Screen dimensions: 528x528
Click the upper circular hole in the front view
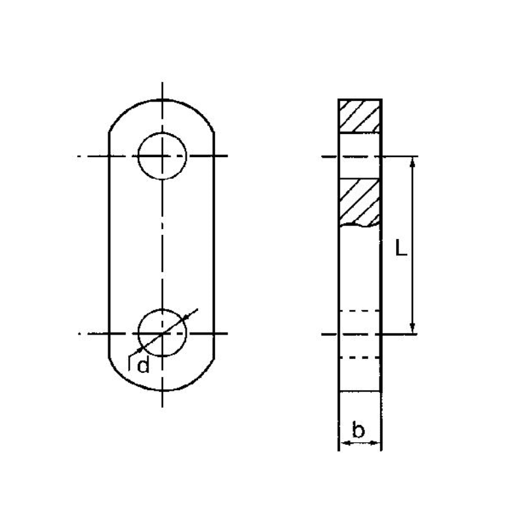(162, 156)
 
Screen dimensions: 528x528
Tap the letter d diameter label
(143, 365)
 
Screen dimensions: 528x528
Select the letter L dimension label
(399, 247)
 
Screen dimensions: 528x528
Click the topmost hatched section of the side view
(360, 116)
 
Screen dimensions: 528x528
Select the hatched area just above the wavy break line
(360, 201)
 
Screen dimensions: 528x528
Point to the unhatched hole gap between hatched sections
(360, 156)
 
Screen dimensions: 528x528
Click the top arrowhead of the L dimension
(412, 162)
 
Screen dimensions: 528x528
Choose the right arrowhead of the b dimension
(377, 443)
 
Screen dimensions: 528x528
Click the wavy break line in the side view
(360, 226)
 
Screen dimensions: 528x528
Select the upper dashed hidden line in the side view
(360, 310)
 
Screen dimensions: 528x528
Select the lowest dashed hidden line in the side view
(360, 358)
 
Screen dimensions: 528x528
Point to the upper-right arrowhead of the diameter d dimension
(191, 315)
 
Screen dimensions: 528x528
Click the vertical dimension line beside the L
(412, 277)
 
